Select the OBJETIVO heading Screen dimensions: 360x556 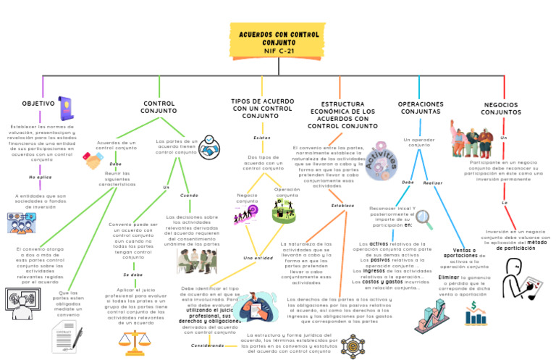[38, 104]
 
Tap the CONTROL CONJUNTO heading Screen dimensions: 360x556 [159, 107]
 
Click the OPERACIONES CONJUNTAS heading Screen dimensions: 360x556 [421, 108]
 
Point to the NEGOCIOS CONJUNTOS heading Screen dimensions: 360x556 [501, 109]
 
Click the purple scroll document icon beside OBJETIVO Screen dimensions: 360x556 [67, 108]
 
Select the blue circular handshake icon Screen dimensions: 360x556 [210, 151]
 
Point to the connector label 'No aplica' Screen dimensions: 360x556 [41, 177]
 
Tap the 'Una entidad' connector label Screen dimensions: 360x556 [258, 257]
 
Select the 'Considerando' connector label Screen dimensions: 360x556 [208, 346]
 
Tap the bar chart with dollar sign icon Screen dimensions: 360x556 [476, 313]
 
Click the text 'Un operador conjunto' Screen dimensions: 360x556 [420, 142]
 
